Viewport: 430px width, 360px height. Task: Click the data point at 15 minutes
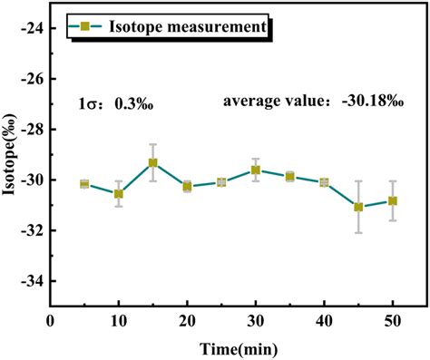tap(152, 163)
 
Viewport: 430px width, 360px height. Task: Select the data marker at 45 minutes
tap(358, 207)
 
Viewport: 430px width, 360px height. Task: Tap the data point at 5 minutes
tap(84, 184)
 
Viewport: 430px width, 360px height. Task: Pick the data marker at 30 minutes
tap(256, 170)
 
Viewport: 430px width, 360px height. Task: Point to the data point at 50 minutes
tap(393, 200)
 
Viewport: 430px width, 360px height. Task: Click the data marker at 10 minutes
tap(118, 194)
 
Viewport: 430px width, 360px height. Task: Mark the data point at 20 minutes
tap(187, 186)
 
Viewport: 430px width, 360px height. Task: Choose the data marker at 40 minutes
tap(324, 182)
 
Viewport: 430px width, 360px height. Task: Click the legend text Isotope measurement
tap(188, 28)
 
